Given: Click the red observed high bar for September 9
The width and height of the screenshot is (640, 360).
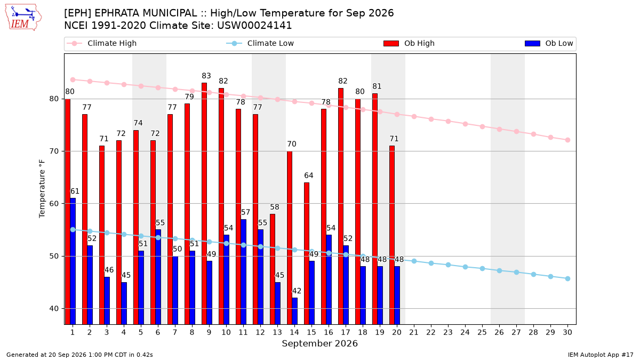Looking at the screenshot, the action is coord(204,203).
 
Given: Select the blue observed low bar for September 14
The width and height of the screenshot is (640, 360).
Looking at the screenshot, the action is coord(294,311).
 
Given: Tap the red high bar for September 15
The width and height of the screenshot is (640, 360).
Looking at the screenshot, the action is coord(307,253).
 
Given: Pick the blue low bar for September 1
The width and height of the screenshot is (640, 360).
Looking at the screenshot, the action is coord(73,261).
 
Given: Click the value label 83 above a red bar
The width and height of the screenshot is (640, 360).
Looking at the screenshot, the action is coord(206,76).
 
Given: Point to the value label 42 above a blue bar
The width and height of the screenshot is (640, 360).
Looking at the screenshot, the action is coord(297,291).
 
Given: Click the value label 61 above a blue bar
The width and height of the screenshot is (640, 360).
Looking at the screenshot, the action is coord(75,191).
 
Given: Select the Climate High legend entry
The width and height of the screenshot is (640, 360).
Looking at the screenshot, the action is coord(101,43).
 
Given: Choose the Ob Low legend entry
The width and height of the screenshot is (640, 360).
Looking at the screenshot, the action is coord(549,43).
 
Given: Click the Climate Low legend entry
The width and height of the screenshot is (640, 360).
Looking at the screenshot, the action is coord(260,43).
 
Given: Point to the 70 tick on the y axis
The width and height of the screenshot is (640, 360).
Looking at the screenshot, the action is coord(54,151).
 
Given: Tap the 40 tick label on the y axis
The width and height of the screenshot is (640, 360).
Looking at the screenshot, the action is coord(54,309).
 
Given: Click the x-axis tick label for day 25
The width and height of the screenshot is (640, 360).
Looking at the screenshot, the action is coord(482,332).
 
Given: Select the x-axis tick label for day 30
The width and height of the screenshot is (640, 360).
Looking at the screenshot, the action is coord(567,332).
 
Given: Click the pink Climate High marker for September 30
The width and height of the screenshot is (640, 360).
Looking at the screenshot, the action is coord(567,140).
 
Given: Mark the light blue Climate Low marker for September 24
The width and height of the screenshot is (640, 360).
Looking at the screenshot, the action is coord(465,267).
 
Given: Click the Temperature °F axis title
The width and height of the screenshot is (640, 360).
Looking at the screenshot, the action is coord(42,189).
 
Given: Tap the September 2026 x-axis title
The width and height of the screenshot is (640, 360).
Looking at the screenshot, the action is coord(319,343).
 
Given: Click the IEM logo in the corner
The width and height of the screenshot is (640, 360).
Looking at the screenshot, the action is coord(23,18).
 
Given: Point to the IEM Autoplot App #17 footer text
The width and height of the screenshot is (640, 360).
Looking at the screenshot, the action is coord(601,355).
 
